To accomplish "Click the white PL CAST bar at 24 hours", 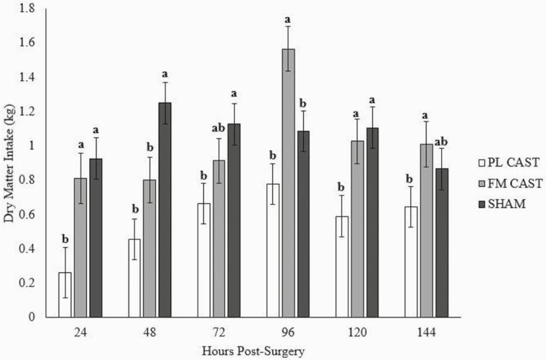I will click(x=65, y=295).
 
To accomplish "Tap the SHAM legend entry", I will click(x=487, y=203).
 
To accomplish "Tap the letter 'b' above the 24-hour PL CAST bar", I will click(x=65, y=239).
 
